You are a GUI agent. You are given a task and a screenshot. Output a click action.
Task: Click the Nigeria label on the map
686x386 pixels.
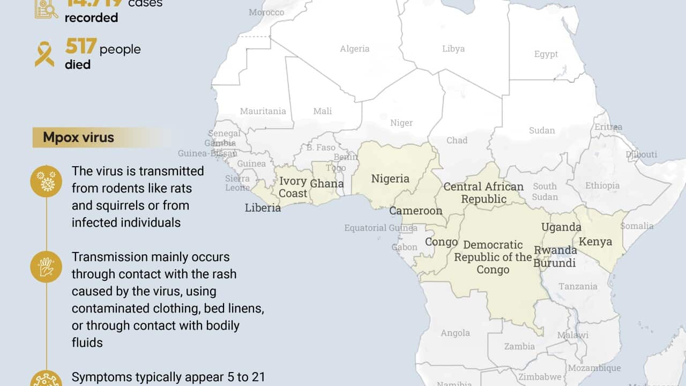(390, 179)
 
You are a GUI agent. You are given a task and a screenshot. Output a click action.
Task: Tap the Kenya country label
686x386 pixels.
(595, 241)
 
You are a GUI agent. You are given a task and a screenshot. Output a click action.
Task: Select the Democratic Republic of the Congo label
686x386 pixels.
(493, 257)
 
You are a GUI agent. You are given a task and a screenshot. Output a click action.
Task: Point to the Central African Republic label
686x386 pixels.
(483, 193)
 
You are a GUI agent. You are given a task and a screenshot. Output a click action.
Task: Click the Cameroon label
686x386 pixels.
(416, 211)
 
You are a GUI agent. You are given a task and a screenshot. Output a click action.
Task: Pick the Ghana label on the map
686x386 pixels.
(327, 183)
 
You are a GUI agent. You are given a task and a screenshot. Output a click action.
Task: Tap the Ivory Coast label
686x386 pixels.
(293, 187)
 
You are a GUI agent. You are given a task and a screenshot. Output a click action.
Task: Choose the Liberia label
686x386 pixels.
(263, 207)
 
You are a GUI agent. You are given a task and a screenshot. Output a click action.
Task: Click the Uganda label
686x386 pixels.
(561, 227)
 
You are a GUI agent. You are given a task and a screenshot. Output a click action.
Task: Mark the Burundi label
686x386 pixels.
(555, 263)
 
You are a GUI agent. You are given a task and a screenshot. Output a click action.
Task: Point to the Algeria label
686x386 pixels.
(355, 49)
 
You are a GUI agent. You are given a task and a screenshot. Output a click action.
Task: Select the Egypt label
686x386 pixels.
(546, 54)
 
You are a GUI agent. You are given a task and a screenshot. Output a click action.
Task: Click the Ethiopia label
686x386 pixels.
(602, 185)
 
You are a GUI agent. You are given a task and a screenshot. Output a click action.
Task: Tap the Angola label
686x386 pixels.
(455, 333)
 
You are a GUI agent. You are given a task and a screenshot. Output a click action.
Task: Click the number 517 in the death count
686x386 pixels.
(81, 48)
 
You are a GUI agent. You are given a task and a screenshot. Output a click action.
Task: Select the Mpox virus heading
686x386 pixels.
(79, 137)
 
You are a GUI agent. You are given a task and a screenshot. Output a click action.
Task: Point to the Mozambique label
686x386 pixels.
(594, 368)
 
